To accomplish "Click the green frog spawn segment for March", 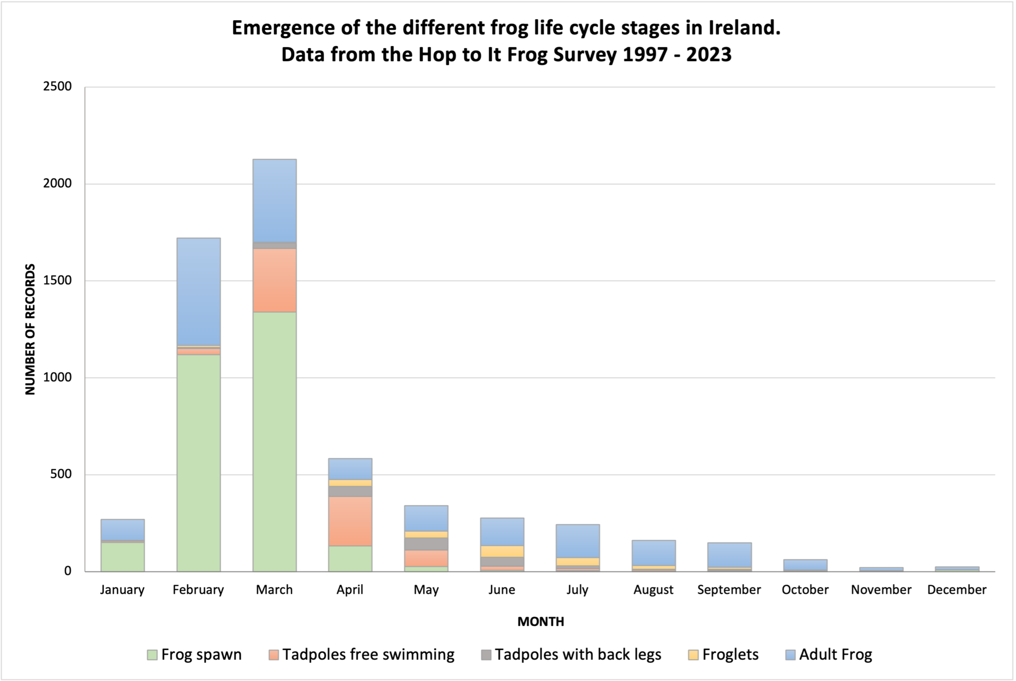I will pos(274,442).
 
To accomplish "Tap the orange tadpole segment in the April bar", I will pos(350,521).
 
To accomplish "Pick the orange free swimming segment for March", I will pos(274,280).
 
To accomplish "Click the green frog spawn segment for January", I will pos(123,556).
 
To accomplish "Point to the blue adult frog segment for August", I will pos(654,552).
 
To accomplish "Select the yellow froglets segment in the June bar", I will pos(502,551).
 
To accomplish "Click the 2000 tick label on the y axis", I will pos(58,184).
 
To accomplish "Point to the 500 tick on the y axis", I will pos(61,474).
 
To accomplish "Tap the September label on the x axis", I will pos(729,590).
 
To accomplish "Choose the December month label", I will pos(956,590).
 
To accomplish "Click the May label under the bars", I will pos(426,590).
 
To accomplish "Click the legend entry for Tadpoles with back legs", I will pos(577,655).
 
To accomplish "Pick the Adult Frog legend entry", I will pos(835,655).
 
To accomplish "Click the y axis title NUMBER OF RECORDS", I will pos(30,329).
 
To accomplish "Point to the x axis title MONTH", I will pos(541,622).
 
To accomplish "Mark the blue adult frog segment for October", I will pos(805,565).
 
